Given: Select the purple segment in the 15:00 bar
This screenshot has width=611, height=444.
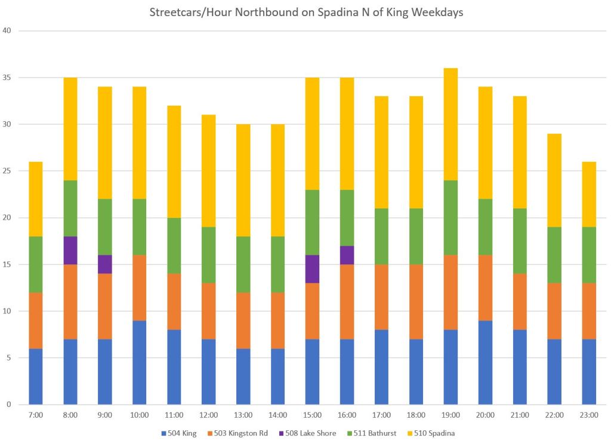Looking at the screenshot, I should click(x=313, y=269).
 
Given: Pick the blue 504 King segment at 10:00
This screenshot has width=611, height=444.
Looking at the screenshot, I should click(x=140, y=362).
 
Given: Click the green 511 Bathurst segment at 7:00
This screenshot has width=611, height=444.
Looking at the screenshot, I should click(x=36, y=264).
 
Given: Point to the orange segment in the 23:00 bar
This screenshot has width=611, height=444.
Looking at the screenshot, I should click(x=589, y=311).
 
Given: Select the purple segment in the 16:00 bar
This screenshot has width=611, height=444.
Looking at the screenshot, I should click(x=347, y=255).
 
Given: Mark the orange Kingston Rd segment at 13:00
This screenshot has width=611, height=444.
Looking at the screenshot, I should click(x=243, y=320).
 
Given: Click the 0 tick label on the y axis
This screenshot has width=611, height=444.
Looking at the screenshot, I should click(x=10, y=405).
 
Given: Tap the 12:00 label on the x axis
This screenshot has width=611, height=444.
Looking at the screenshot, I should click(x=209, y=415).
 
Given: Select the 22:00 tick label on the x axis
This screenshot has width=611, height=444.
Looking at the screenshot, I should click(x=554, y=415).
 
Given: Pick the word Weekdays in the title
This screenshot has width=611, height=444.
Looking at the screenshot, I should click(x=439, y=13).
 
